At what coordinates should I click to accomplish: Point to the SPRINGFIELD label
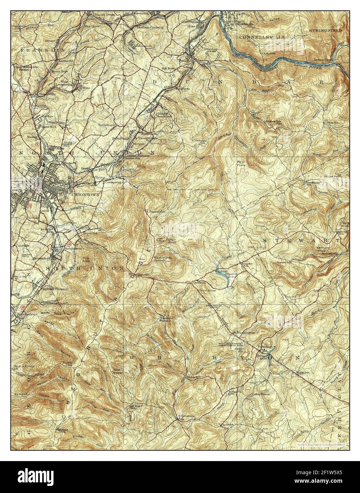(325, 31)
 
